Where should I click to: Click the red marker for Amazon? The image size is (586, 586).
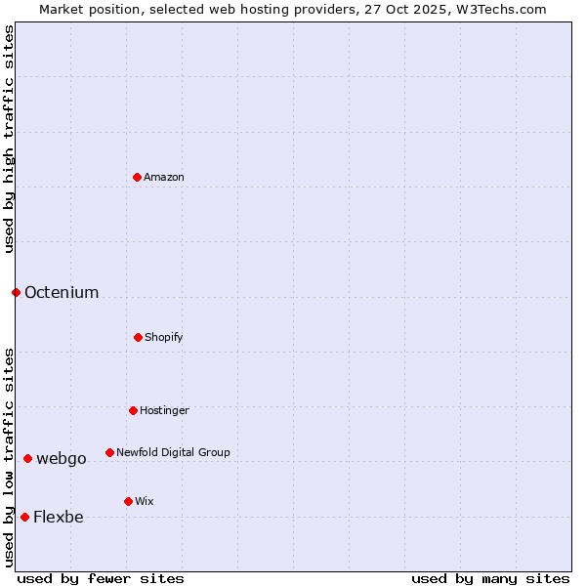pyautogui.click(x=137, y=177)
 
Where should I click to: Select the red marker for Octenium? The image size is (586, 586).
pyautogui.click(x=16, y=292)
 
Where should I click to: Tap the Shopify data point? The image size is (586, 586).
pyautogui.click(x=138, y=337)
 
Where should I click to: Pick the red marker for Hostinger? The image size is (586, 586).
pyautogui.click(x=133, y=410)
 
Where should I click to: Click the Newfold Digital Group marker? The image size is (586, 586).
pyautogui.click(x=109, y=452)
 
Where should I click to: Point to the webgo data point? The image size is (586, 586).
pyautogui.click(x=27, y=458)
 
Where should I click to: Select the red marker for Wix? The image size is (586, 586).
pyautogui.click(x=128, y=501)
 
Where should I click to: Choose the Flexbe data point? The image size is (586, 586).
pyautogui.click(x=24, y=517)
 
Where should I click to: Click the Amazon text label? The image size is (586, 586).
pyautogui.click(x=164, y=177)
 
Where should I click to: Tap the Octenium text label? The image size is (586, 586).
pyautogui.click(x=62, y=292)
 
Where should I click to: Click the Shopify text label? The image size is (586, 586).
pyautogui.click(x=164, y=337)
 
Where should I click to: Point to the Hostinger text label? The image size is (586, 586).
pyautogui.click(x=164, y=410)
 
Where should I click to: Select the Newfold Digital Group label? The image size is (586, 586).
pyautogui.click(x=173, y=452)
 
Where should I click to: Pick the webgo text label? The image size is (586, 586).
pyautogui.click(x=62, y=458)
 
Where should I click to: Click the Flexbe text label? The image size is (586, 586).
pyautogui.click(x=59, y=517)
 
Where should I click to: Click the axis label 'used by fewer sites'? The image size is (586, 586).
pyautogui.click(x=101, y=578)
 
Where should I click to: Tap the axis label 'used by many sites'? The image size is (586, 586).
pyautogui.click(x=490, y=578)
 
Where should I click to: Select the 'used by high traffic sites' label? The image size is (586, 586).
pyautogui.click(x=9, y=139)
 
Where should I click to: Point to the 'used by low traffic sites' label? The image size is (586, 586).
pyautogui.click(x=9, y=457)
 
